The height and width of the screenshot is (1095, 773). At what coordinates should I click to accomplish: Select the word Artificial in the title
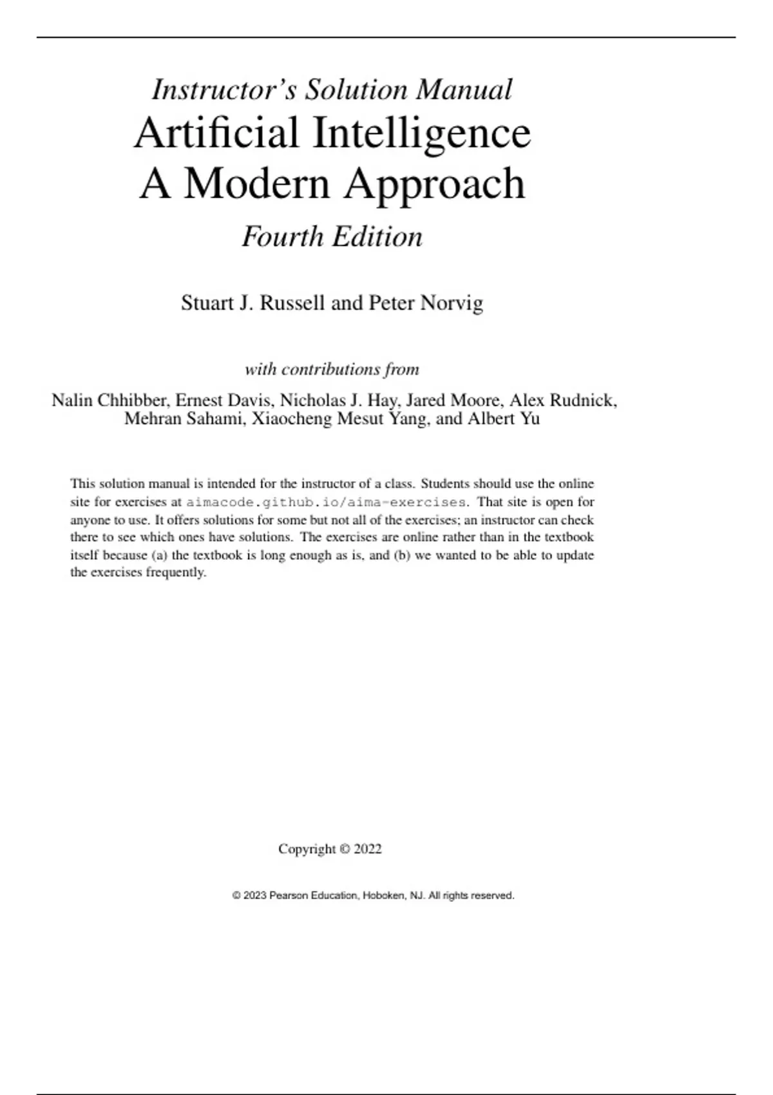pyautogui.click(x=216, y=133)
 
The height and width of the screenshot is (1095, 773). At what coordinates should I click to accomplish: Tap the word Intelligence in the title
pyautogui.click(x=422, y=133)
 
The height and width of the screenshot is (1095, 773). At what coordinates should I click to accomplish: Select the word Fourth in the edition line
pyautogui.click(x=283, y=236)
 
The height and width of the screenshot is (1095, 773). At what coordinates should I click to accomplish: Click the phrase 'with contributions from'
pyautogui.click(x=332, y=369)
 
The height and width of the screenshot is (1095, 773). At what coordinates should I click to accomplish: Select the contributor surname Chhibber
pyautogui.click(x=133, y=400)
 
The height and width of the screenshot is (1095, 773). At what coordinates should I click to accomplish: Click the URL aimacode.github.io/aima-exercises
pyautogui.click(x=325, y=502)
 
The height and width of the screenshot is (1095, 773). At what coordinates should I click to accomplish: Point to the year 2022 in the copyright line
pyautogui.click(x=368, y=849)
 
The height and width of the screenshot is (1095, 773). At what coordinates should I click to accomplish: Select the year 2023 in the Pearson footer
pyautogui.click(x=254, y=895)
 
